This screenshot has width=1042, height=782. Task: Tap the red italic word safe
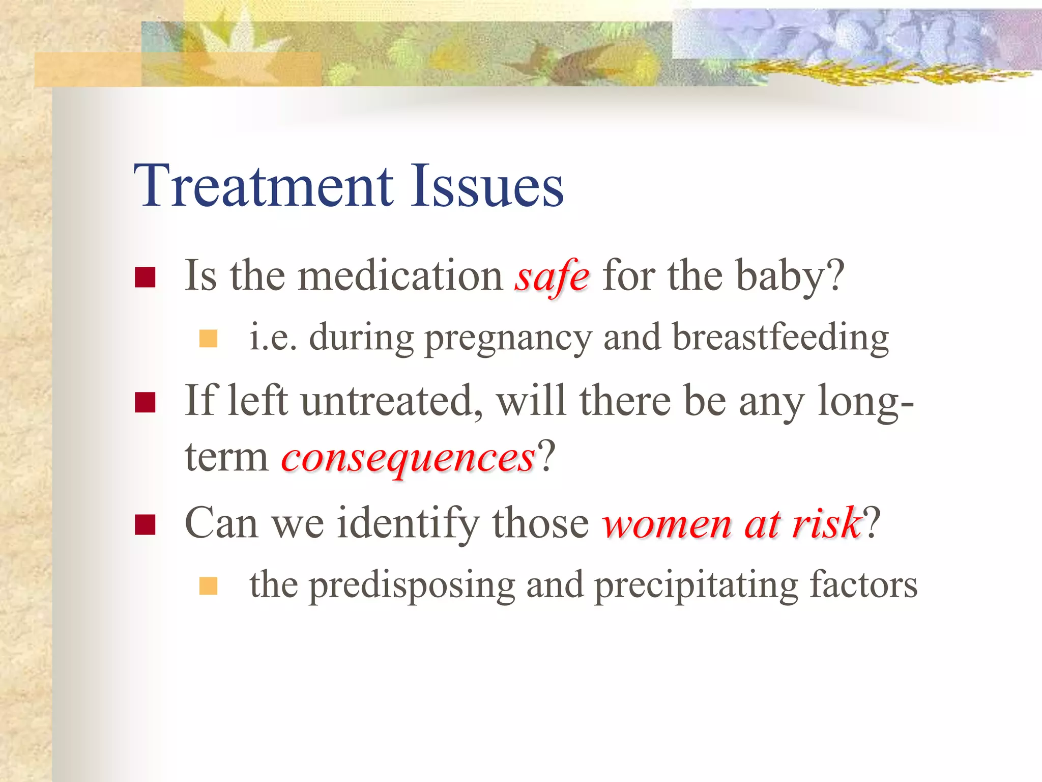click(552, 276)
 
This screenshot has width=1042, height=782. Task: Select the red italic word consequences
click(408, 457)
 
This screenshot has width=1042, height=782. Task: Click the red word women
click(667, 524)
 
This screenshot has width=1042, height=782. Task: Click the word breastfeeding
click(780, 338)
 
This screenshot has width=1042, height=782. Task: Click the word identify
click(408, 524)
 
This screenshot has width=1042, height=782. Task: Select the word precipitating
click(696, 585)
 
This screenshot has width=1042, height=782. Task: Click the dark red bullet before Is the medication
click(145, 277)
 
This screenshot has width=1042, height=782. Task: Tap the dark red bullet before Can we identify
click(145, 525)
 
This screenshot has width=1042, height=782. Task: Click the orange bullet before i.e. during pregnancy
click(208, 339)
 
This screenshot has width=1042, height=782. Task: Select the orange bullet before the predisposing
click(208, 586)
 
